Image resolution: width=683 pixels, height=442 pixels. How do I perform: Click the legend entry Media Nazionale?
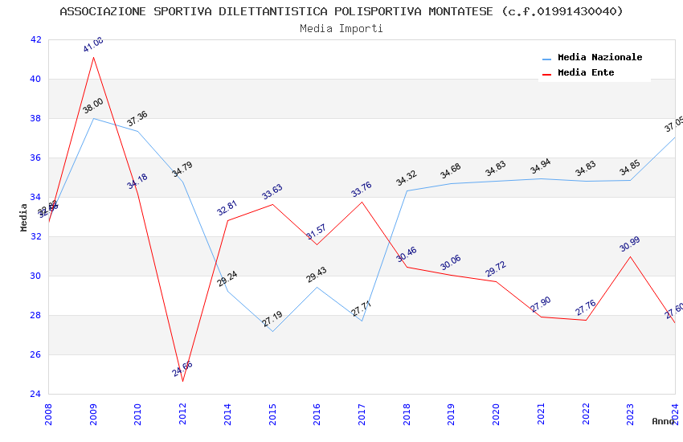[599, 58]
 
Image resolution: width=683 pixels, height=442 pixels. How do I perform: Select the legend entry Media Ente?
[586, 73]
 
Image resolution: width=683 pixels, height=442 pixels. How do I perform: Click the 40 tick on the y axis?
[35, 79]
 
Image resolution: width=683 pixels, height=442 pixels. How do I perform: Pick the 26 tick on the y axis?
[35, 354]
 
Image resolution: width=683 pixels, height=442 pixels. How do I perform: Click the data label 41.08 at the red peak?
[93, 45]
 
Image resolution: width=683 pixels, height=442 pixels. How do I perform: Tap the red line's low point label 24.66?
[182, 370]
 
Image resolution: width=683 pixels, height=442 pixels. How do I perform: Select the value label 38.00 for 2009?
[93, 105]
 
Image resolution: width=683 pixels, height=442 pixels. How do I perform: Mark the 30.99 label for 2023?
[630, 244]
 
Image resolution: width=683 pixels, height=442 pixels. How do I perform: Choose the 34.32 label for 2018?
[407, 178]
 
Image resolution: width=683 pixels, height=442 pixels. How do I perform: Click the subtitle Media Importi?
[341, 28]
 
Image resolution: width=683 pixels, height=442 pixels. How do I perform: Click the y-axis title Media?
[24, 217]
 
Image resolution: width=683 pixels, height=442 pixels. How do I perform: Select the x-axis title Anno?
[663, 421]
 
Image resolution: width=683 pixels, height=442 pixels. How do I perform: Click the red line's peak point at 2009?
[94, 57]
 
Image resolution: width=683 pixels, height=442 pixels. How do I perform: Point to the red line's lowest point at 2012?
[183, 381]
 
